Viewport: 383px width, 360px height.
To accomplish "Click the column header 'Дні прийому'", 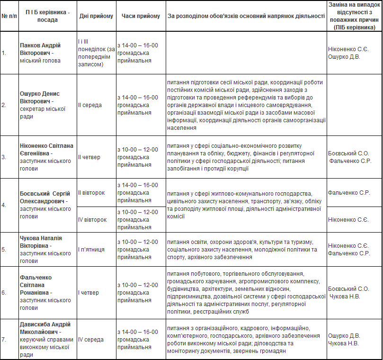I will pyautogui.click(x=96, y=16).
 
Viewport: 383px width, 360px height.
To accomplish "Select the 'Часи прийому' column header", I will pyautogui.click(x=141, y=16).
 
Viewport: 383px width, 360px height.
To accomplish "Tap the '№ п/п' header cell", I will pyautogui.click(x=9, y=16).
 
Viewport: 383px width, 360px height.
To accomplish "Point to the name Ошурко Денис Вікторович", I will pyautogui.click(x=40, y=98).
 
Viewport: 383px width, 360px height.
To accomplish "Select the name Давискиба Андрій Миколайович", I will pyautogui.click(x=45, y=328).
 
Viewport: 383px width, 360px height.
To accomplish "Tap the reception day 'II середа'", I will pyautogui.click(x=90, y=105).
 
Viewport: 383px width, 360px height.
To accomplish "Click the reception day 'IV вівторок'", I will pyautogui.click(x=92, y=220).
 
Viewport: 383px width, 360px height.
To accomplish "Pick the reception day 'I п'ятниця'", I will pyautogui.click(x=91, y=250).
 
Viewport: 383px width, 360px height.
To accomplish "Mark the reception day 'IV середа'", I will pyautogui.click(x=90, y=339).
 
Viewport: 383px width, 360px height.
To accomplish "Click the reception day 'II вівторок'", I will pyautogui.click(x=91, y=193).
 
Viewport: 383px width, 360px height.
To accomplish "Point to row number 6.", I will pyautogui.click(x=4, y=293).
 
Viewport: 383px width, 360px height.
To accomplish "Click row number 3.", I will pyautogui.click(x=4, y=157).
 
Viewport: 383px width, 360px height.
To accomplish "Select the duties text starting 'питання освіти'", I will pyautogui.click(x=242, y=250).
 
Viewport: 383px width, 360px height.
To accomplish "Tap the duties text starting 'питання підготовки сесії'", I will pyautogui.click(x=246, y=105).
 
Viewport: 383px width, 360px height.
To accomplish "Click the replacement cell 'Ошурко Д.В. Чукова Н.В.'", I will pyautogui.click(x=344, y=339).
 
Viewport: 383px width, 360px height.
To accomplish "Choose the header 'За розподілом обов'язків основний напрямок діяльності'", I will pyautogui.click(x=246, y=16).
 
